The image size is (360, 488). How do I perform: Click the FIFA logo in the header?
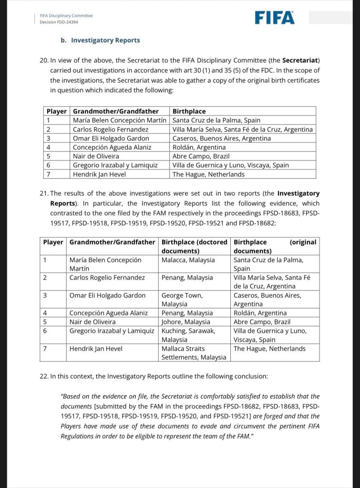tap(274, 18)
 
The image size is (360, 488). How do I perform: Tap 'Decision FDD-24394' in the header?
tap(59, 22)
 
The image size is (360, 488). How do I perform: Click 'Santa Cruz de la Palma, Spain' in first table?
tap(216, 120)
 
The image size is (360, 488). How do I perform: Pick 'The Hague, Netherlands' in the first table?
tap(208, 174)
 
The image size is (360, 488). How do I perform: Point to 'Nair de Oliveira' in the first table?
tap(96, 156)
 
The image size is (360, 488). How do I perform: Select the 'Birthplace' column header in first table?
tap(189, 111)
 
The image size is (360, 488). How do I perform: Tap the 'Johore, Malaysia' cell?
tap(186, 322)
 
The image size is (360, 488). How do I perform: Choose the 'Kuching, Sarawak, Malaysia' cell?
tap(188, 335)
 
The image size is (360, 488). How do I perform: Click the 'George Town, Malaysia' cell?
tap(182, 300)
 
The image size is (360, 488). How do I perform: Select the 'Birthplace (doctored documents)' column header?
tap(194, 246)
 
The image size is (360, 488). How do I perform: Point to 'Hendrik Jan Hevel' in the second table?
tap(96, 349)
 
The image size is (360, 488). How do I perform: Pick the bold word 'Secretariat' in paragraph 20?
tap(300, 61)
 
